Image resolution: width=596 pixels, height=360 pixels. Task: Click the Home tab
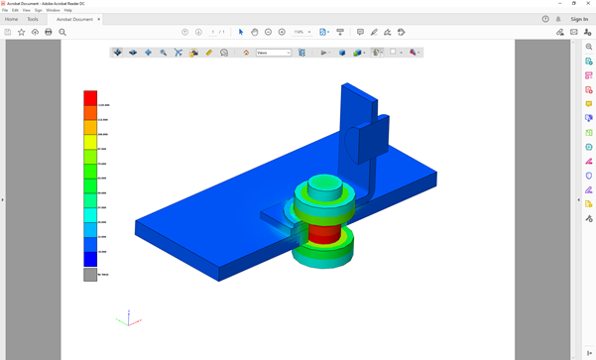12,19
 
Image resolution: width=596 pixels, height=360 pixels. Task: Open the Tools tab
33,19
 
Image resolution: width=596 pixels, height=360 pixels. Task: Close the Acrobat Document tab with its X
99,19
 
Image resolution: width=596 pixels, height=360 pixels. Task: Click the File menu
5,10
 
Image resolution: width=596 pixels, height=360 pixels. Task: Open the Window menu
53,10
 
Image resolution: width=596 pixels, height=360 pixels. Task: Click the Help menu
67,10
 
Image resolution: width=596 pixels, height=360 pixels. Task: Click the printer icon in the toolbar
49,32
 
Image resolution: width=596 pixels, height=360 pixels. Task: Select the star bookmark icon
22,32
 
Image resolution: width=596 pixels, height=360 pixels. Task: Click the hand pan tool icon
255,32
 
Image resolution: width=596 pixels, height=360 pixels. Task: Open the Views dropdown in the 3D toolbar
274,53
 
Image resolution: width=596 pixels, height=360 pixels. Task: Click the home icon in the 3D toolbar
246,53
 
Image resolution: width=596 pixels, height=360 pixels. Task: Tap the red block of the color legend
90,98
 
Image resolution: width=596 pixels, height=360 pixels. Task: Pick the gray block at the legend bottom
90,275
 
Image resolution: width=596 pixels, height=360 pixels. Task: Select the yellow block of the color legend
90,141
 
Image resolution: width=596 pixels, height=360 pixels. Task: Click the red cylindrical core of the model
323,235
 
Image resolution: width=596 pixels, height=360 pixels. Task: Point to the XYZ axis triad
123,318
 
